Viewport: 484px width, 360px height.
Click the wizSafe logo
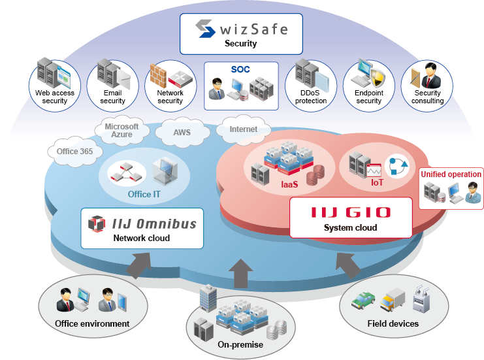[x=241, y=29]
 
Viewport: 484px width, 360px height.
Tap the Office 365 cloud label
[x=74, y=152]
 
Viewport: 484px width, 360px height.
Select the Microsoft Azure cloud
[x=121, y=129]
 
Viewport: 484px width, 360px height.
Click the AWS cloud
[x=182, y=132]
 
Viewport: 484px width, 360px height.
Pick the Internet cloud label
[x=243, y=129]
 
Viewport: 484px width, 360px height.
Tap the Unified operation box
[x=451, y=188]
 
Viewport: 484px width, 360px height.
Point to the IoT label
[x=377, y=182]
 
